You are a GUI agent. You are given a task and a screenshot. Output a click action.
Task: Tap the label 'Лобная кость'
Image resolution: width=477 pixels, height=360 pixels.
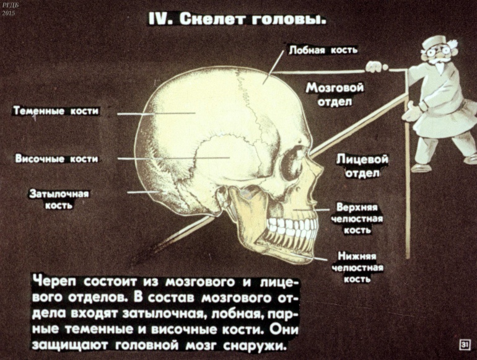point(323,50)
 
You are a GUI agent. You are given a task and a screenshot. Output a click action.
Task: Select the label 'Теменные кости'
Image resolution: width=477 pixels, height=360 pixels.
point(56,112)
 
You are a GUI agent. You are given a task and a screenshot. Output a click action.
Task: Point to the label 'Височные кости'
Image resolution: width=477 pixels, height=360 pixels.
point(56,159)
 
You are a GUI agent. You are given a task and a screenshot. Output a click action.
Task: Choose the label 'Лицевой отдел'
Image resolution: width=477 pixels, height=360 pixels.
point(362,166)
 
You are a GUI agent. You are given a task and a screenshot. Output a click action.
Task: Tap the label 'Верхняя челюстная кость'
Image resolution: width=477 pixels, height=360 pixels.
point(359,217)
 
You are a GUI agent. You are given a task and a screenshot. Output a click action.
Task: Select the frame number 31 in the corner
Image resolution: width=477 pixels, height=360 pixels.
point(463,345)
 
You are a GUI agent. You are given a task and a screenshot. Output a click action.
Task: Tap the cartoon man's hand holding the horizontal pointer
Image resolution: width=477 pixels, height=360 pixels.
point(374,64)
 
